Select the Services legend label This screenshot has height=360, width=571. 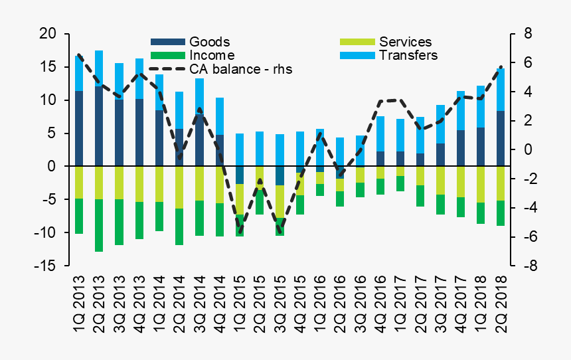pyautogui.click(x=405, y=43)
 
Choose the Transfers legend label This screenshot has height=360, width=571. pyautogui.click(x=408, y=55)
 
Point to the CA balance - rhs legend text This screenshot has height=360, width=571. pyautogui.click(x=241, y=68)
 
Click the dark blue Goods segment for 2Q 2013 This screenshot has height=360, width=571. pyautogui.click(x=99, y=126)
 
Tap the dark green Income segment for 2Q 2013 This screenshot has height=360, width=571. pyautogui.click(x=99, y=225)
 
